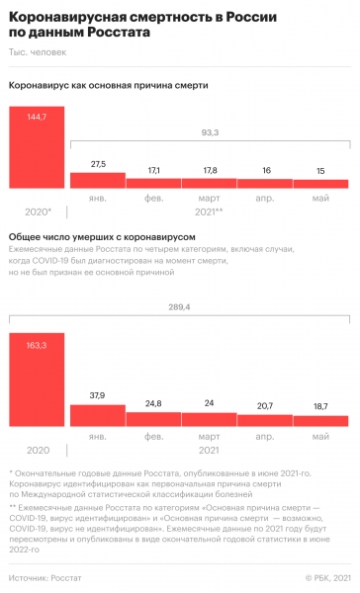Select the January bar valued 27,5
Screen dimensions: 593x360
point(97,180)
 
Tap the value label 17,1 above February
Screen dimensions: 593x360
point(153,171)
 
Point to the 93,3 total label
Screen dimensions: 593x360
point(210,132)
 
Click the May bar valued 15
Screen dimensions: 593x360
point(321,184)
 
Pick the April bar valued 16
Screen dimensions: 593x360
point(265,183)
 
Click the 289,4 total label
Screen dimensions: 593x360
point(210,307)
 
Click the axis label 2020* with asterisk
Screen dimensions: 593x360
point(37,212)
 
